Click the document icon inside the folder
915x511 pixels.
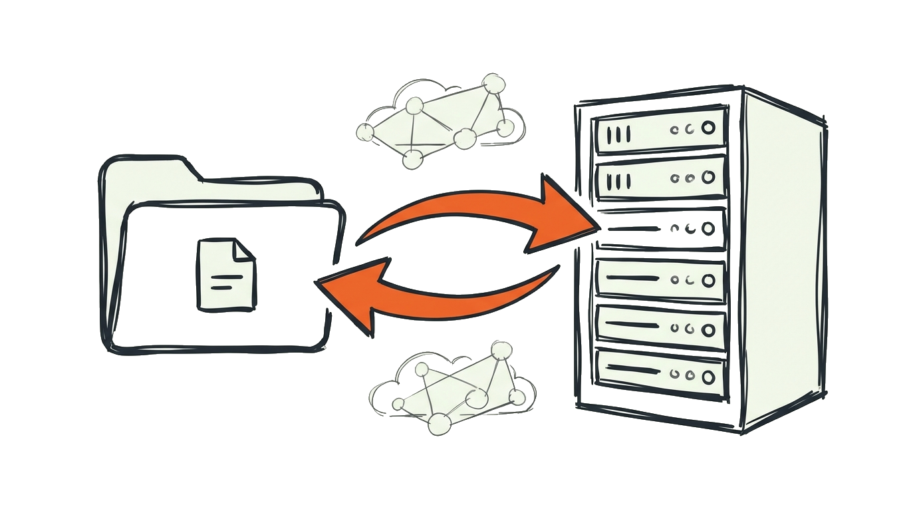click(x=225, y=274)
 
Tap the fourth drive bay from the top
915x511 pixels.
click(x=660, y=279)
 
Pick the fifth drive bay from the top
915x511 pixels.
click(x=660, y=327)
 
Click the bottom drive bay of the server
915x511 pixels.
click(x=660, y=374)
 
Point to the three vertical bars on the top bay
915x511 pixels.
click(x=618, y=135)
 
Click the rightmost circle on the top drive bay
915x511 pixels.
click(x=708, y=128)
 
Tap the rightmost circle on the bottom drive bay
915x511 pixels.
click(x=708, y=377)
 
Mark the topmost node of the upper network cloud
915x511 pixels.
click(x=493, y=83)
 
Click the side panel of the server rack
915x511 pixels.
click(x=785, y=259)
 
